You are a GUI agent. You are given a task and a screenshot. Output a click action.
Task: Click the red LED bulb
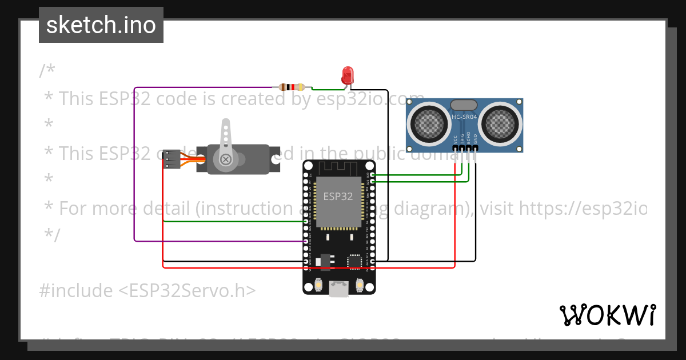point(348,74)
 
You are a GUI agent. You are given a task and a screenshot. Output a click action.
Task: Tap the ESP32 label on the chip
point(338,197)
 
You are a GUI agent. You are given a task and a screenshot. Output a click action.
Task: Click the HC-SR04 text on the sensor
point(464,117)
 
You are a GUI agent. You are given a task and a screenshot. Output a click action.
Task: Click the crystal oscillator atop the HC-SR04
point(464,105)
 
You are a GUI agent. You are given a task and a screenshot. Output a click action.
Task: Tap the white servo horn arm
point(226,137)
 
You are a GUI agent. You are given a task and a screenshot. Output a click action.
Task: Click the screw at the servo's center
point(226,159)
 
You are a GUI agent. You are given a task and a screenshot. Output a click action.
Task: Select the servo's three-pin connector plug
point(171,159)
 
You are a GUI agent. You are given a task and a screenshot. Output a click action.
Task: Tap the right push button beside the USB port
point(360,284)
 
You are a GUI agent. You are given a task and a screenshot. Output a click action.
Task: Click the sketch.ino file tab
point(101,25)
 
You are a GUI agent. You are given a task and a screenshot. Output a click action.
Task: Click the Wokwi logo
point(607,315)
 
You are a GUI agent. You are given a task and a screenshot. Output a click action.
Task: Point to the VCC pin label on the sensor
point(456,139)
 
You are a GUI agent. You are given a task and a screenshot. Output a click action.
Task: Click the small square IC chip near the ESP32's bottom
point(355,261)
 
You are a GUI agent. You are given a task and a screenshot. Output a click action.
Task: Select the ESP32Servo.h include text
point(147,291)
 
